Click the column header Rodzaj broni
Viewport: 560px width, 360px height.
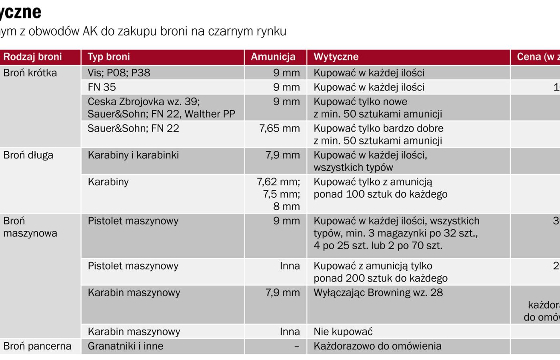click(x=32, y=57)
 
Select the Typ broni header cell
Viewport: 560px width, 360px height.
click(x=109, y=57)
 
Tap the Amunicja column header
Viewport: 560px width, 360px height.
click(x=273, y=57)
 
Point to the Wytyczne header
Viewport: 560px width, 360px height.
click(x=336, y=57)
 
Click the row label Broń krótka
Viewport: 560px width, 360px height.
click(x=30, y=73)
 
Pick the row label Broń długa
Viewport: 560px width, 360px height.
click(x=28, y=155)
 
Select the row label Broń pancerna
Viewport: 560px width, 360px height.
click(x=37, y=346)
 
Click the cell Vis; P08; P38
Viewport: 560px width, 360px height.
click(x=119, y=73)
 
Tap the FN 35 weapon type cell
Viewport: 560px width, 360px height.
click(x=102, y=87)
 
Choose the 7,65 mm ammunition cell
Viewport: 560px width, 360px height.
click(x=280, y=128)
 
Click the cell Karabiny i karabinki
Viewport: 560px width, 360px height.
click(x=133, y=155)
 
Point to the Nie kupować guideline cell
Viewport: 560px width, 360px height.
click(x=343, y=332)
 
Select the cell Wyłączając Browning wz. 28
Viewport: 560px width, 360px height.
click(x=378, y=293)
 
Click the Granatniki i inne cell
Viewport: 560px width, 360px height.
click(x=126, y=346)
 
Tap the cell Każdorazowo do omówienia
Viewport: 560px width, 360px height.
click(x=378, y=346)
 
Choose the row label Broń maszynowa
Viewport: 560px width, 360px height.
click(x=30, y=227)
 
